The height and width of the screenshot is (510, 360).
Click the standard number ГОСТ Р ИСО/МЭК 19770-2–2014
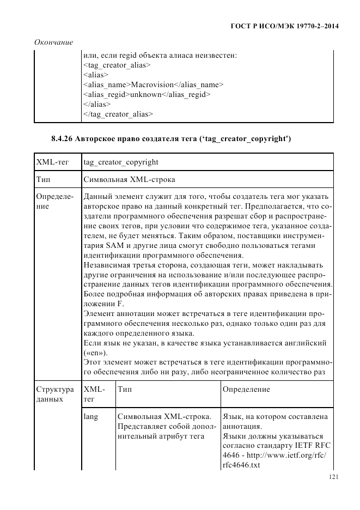tap(283, 26)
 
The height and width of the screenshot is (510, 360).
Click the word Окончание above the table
tap(53, 42)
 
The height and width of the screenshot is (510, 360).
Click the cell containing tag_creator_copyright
tap(121, 162)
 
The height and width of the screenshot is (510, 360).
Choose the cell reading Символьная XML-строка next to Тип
tap(130, 179)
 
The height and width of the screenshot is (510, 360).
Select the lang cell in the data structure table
tap(91, 416)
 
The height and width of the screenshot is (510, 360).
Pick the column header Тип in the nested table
tap(124, 390)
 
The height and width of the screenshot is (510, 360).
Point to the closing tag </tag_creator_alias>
tap(118, 114)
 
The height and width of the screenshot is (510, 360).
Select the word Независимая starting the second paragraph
tap(107, 265)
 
